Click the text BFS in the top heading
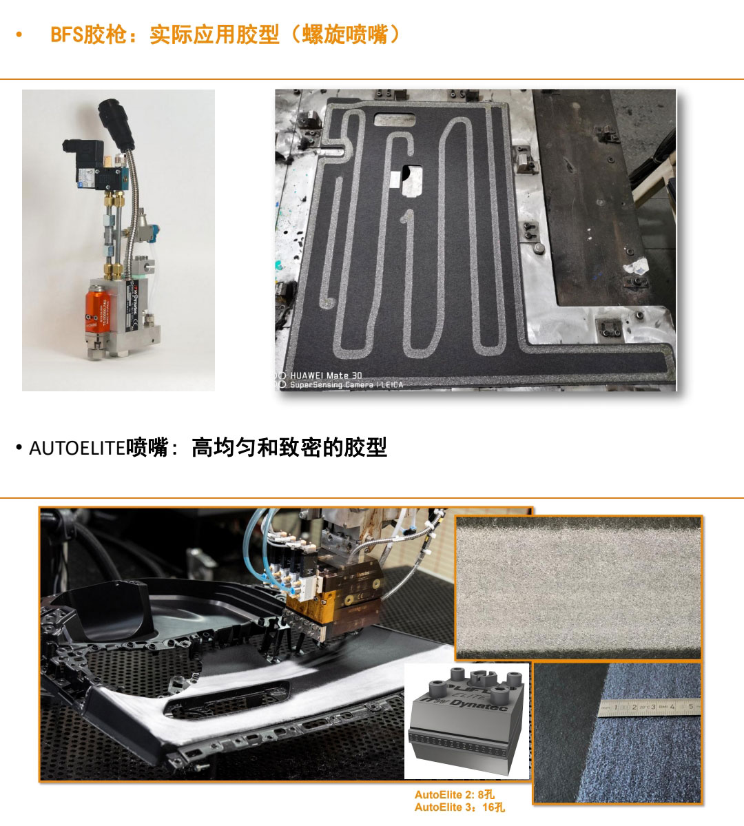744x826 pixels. (67, 34)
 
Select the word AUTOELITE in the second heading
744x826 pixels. (76, 448)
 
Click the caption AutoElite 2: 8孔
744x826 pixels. (454, 794)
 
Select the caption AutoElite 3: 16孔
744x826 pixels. (459, 807)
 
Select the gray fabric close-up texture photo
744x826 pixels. (579, 587)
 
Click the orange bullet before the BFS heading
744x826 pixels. (19, 34)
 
